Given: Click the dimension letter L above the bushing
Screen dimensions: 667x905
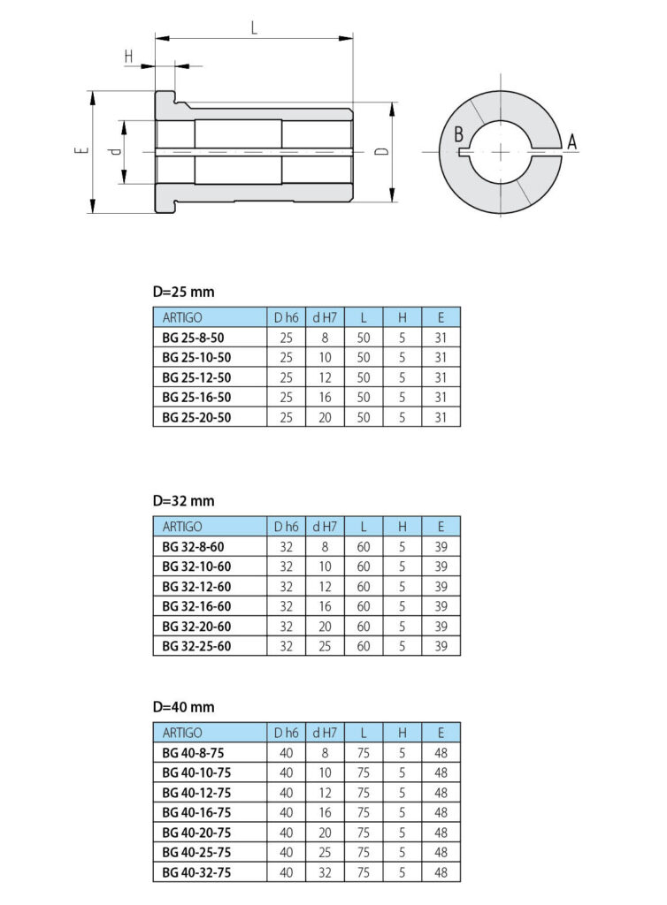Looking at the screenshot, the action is click(254, 27).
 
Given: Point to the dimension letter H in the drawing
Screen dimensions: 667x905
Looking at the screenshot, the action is click(129, 56).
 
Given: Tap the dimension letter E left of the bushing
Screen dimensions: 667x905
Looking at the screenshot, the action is click(82, 150).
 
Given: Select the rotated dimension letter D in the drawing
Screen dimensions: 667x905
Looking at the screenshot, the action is click(382, 152).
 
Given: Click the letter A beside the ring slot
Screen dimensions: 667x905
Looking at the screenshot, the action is click(571, 141).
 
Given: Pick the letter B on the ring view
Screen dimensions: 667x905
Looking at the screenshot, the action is click(458, 134).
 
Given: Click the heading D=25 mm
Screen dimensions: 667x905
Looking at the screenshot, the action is click(184, 292).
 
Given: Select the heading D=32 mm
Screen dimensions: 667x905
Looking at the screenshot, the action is click(184, 501).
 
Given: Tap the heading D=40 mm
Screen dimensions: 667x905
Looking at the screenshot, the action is click(184, 707).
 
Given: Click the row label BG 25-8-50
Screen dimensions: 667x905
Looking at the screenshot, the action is click(193, 338).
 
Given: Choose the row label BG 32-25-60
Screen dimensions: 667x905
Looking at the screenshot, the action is click(196, 646).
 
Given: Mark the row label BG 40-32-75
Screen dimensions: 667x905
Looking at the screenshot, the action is click(196, 872).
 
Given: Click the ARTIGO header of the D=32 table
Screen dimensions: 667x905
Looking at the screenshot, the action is click(182, 527).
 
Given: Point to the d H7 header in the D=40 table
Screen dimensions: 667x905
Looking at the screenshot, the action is click(325, 733).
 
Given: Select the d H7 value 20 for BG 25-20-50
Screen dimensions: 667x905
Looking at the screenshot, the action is click(326, 417).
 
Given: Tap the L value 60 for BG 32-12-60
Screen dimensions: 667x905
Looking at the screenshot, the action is click(364, 587).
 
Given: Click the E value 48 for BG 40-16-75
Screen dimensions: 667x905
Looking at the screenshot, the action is click(441, 812).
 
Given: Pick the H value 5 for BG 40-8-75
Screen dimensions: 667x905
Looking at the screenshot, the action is click(402, 753).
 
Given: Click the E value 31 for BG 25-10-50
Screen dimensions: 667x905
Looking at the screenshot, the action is click(441, 357).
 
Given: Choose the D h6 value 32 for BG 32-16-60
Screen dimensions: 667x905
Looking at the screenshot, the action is click(287, 606).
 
